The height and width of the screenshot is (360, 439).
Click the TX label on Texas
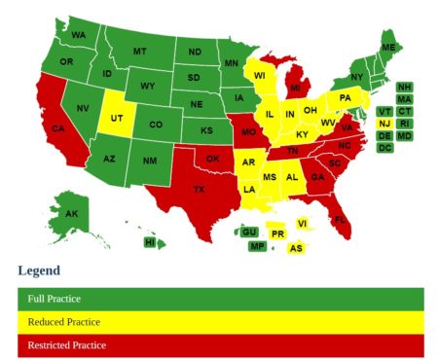(x=200, y=189)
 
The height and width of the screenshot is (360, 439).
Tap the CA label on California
(x=58, y=128)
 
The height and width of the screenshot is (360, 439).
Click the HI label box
(x=150, y=241)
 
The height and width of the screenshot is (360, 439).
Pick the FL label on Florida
(x=340, y=221)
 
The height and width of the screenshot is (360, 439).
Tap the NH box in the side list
(x=404, y=87)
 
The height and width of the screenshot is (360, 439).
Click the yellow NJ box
(x=384, y=124)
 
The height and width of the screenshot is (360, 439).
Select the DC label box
(x=384, y=148)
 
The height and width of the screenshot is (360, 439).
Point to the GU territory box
(x=249, y=232)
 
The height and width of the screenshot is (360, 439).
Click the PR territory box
(x=277, y=234)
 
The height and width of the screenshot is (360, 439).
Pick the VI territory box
(x=302, y=223)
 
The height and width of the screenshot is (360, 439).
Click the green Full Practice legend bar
(x=219, y=299)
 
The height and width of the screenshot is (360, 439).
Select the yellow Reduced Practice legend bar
(x=219, y=322)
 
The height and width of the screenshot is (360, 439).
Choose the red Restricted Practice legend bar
(x=219, y=344)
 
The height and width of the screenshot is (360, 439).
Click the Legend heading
(x=39, y=270)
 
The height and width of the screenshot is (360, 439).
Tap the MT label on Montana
(x=139, y=52)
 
